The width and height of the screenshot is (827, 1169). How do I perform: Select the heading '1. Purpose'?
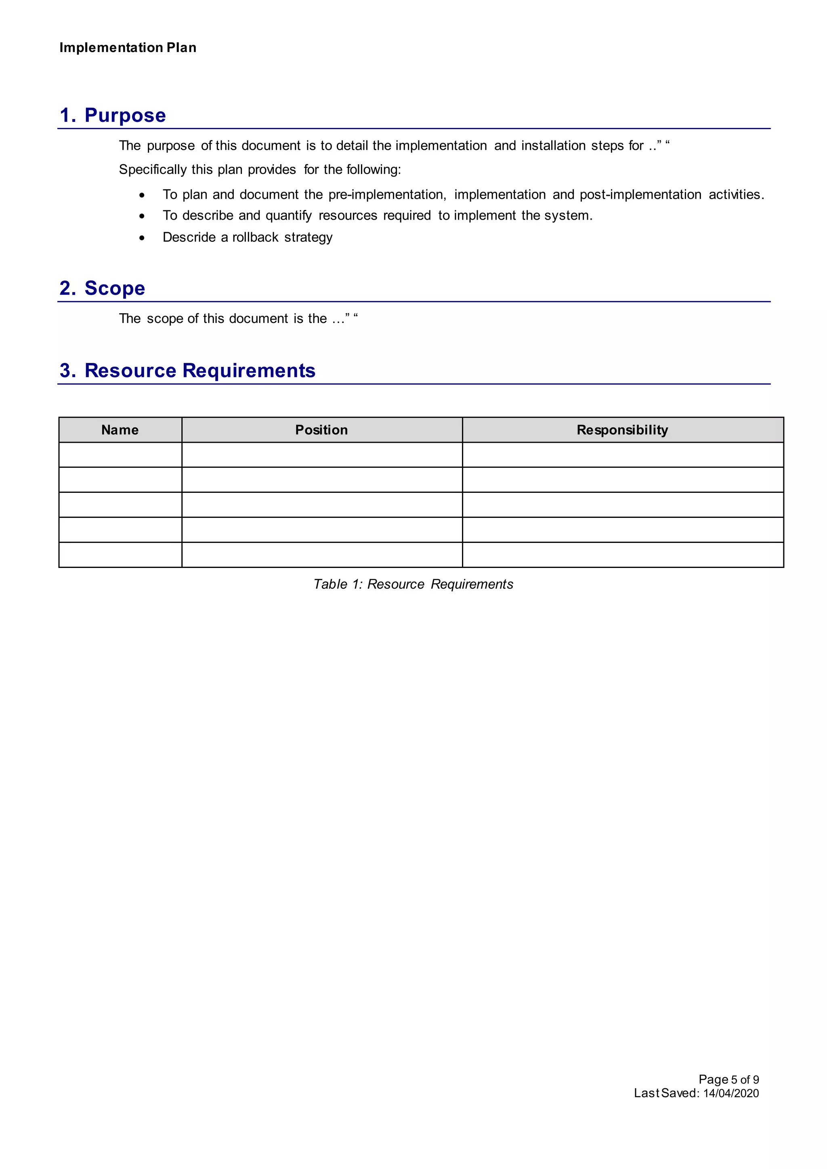point(113,115)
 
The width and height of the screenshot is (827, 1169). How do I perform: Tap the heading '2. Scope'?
point(102,288)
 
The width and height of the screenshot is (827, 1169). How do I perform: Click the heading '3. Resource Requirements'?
point(187,370)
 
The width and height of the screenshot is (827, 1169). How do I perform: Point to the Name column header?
point(120,430)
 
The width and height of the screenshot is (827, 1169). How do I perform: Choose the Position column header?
point(322,430)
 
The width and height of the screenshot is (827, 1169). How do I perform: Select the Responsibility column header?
point(622,430)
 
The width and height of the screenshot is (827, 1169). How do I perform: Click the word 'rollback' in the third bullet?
point(256,237)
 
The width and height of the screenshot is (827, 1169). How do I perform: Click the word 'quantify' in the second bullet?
point(289,216)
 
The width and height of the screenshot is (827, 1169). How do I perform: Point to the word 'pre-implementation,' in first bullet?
point(387,195)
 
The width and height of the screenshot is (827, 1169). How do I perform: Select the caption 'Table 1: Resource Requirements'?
point(413,584)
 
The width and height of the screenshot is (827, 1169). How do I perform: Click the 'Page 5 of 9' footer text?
point(729,1079)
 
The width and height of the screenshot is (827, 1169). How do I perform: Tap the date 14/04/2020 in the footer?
point(731,1093)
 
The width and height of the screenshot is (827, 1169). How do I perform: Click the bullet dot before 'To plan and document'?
point(142,195)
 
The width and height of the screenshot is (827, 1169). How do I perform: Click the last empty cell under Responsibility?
point(622,555)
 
